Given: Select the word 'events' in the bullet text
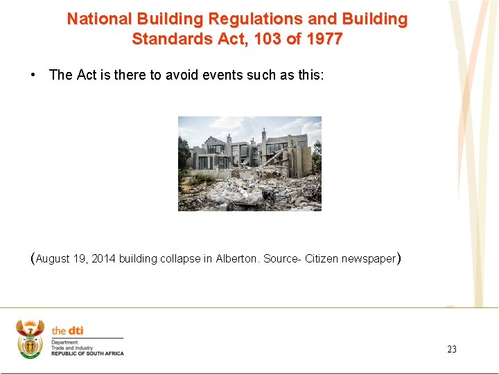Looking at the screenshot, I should [222, 75].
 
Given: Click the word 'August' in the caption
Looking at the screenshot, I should [53, 259].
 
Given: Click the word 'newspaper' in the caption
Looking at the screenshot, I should [368, 259].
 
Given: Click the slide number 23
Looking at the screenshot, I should [452, 349].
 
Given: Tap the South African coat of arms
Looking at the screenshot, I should [30, 339].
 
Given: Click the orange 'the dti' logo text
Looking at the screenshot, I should [67, 331].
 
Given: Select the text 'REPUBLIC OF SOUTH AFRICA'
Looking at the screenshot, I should [87, 354].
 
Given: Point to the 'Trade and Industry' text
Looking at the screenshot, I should [72, 348].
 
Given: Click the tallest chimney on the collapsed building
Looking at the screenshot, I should [263, 135].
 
